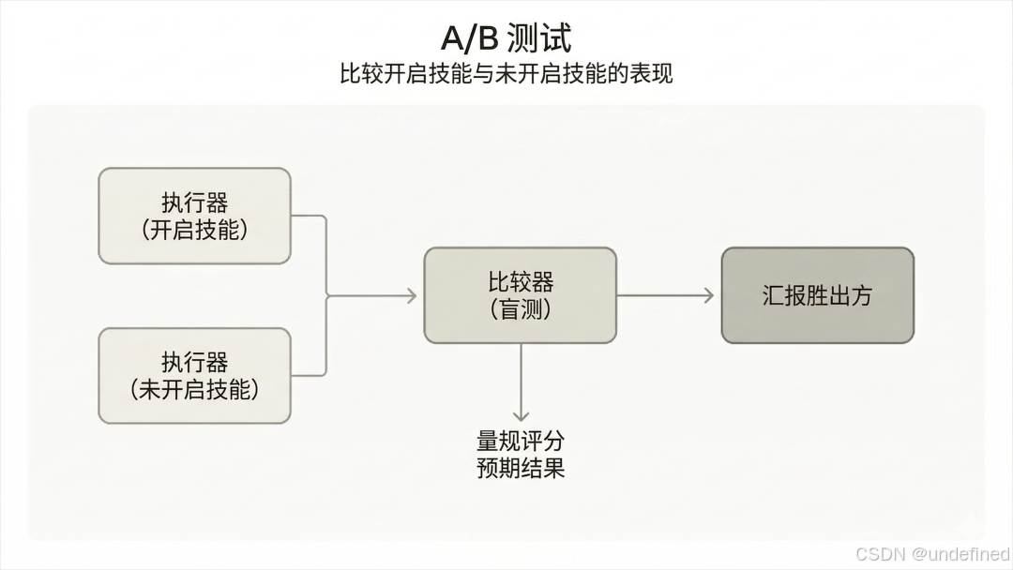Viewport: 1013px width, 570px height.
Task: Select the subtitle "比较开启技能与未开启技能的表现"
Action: (506, 74)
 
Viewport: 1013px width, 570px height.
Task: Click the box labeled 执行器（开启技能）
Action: (194, 216)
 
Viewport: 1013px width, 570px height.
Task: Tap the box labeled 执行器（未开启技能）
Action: (194, 375)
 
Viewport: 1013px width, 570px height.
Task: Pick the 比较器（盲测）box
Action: (520, 295)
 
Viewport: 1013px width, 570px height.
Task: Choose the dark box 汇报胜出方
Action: (817, 295)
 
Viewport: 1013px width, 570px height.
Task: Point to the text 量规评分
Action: (521, 441)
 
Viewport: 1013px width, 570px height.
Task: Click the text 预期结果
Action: (521, 468)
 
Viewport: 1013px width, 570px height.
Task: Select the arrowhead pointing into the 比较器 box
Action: (409, 295)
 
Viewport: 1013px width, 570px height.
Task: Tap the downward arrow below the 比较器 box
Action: (521, 384)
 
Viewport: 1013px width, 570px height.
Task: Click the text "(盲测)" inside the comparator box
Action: (521, 309)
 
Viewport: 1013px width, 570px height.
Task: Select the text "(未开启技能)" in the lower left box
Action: (194, 389)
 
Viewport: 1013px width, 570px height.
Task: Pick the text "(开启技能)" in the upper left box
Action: (194, 230)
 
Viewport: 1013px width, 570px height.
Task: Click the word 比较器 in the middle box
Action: (521, 282)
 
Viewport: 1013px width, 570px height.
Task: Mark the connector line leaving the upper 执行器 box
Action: (310, 217)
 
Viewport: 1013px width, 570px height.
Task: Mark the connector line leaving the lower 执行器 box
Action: (310, 375)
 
